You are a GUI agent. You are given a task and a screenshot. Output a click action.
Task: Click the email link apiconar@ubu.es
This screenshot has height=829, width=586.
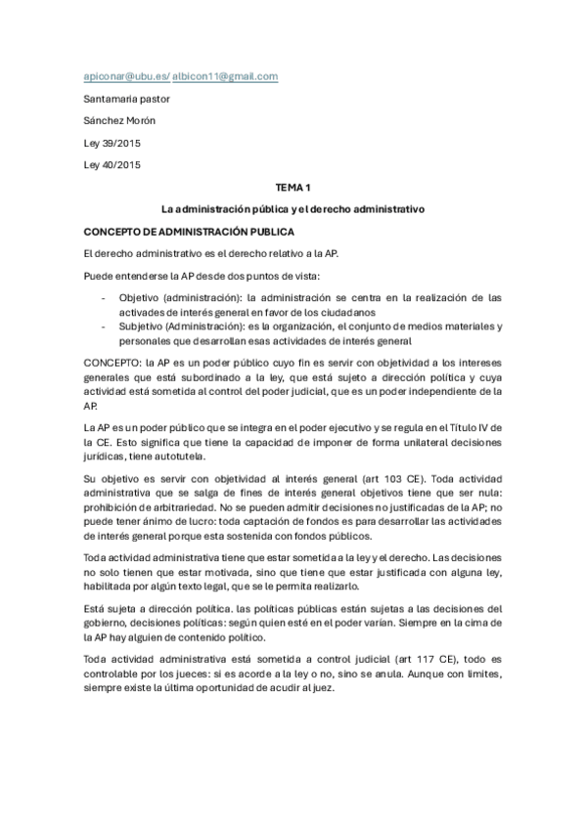click(x=125, y=76)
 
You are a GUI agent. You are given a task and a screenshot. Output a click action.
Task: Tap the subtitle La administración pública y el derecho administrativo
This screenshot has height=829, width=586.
click(x=293, y=208)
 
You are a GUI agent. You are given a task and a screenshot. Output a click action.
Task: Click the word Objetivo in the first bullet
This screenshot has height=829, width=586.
click(x=140, y=297)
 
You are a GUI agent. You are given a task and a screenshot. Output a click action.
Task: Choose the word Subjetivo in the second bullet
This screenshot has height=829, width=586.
click(x=143, y=326)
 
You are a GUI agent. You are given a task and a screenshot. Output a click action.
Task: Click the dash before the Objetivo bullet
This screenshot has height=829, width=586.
click(x=103, y=297)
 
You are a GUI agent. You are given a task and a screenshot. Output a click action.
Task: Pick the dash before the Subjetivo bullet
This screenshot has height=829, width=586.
click(x=103, y=326)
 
